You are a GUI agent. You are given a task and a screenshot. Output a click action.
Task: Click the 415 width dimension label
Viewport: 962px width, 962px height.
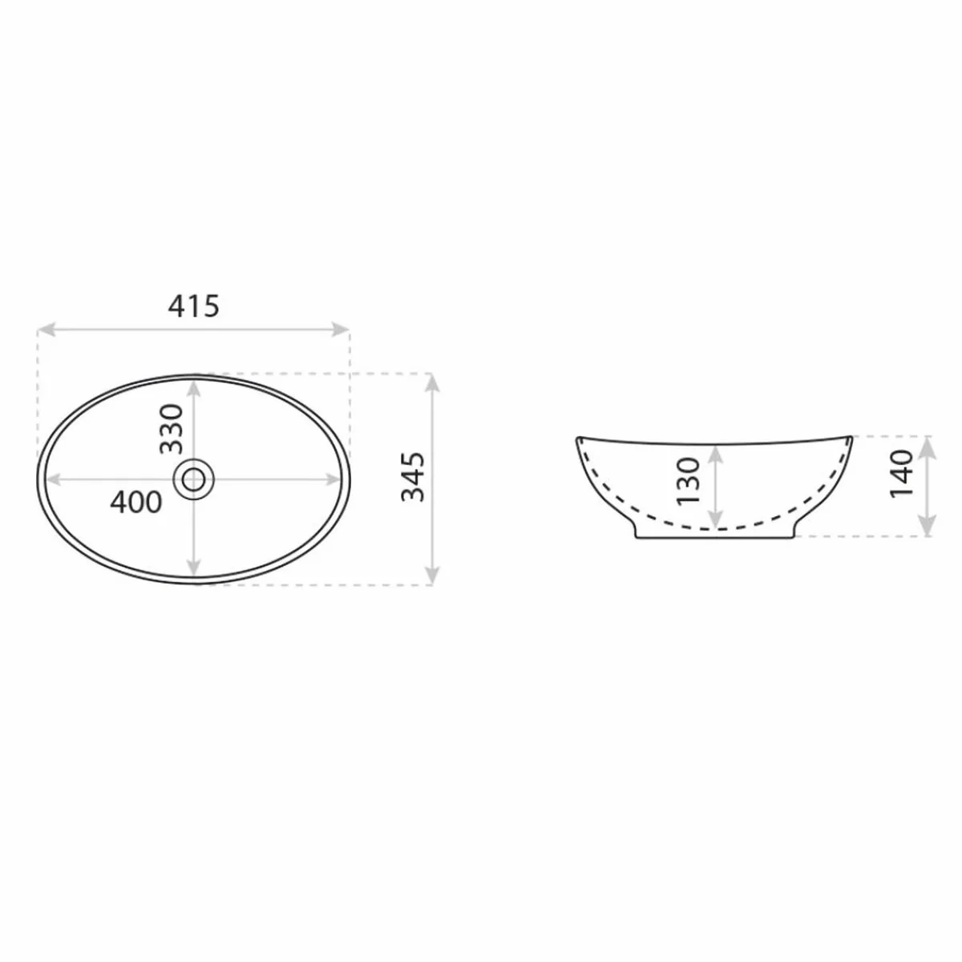click(x=194, y=305)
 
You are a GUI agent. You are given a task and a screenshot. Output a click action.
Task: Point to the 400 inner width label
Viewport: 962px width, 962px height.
click(x=136, y=503)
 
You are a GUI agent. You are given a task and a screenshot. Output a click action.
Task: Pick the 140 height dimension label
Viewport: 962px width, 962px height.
click(x=902, y=473)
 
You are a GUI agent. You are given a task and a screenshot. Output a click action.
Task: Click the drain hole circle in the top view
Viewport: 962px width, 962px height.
click(x=194, y=479)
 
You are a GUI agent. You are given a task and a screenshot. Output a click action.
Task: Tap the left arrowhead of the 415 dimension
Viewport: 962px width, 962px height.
click(x=45, y=329)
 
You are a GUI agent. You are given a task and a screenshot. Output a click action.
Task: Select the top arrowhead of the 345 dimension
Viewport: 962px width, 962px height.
click(x=433, y=380)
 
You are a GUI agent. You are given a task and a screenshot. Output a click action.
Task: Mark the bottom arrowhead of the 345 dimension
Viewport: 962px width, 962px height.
click(x=433, y=577)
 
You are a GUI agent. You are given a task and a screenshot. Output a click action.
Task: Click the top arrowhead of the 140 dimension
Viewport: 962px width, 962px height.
click(x=928, y=443)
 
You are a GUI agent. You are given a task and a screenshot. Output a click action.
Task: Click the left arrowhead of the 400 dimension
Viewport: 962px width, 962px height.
click(x=54, y=479)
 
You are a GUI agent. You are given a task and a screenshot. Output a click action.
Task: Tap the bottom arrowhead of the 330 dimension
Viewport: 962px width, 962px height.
click(x=194, y=568)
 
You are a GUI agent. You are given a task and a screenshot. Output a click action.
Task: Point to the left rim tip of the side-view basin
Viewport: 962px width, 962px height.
click(x=578, y=438)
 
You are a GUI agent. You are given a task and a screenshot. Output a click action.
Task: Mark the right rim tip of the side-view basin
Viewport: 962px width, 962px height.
click(x=853, y=437)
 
